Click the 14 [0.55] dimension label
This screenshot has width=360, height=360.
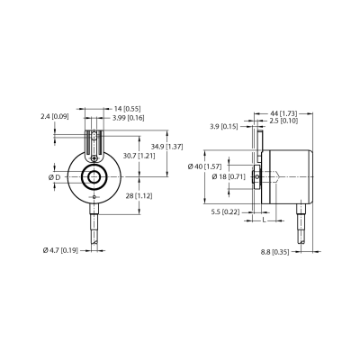[128, 109]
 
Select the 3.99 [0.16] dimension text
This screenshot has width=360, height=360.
[129, 118]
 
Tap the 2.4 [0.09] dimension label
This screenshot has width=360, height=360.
[55, 116]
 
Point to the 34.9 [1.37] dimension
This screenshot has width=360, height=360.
[166, 147]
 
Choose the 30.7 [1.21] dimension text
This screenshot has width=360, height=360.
[139, 156]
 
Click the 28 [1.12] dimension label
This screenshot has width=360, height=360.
[139, 196]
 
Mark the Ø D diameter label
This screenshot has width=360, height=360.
[54, 177]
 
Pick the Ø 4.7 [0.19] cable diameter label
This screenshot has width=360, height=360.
[60, 250]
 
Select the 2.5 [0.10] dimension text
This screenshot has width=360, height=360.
[283, 121]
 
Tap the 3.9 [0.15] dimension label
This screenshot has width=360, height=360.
[223, 127]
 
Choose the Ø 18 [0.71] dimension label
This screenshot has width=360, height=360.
[229, 176]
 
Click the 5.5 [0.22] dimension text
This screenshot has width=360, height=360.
[225, 212]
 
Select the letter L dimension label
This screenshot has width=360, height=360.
[264, 220]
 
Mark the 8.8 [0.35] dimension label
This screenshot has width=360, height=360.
[274, 252]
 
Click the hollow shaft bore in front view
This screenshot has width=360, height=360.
[94, 177]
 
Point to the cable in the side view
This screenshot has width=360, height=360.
[301, 223]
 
